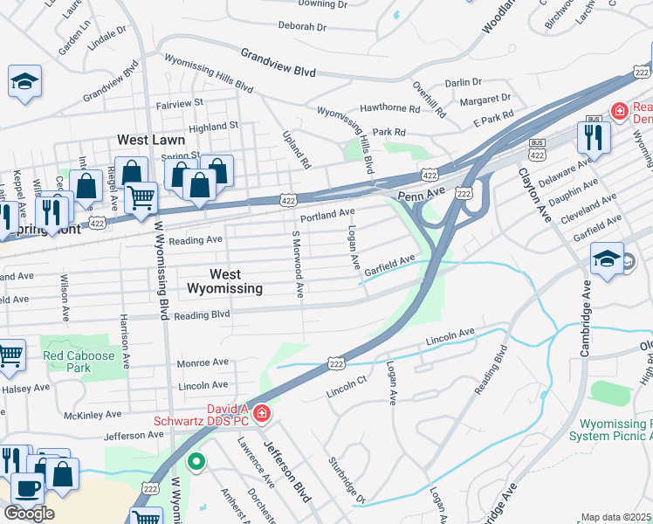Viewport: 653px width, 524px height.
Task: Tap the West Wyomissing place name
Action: point(223,281)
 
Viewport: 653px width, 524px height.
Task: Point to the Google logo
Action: point(28,514)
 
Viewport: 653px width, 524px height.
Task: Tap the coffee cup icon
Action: point(26,486)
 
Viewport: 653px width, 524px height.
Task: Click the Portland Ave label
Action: point(326,213)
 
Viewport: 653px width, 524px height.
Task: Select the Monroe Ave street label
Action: point(203,362)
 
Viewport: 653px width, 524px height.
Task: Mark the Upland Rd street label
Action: point(297,149)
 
